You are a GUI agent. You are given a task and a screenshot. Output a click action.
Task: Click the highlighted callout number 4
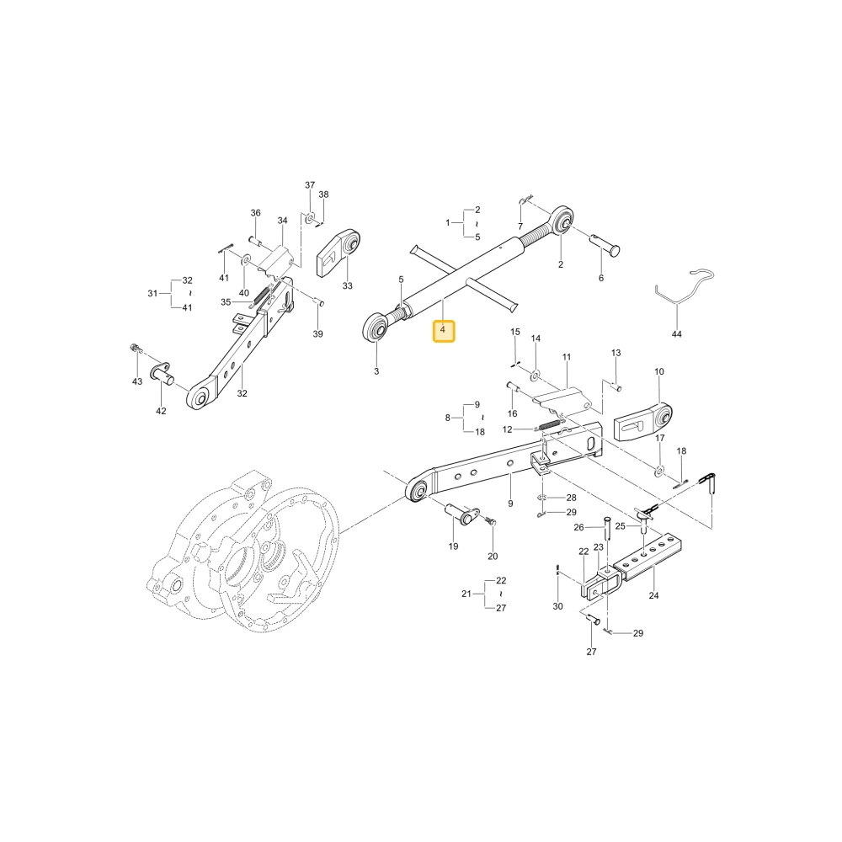tap(443, 330)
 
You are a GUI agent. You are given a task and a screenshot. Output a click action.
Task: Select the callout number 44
tap(677, 334)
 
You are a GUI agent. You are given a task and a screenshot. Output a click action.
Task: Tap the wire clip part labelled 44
tap(685, 286)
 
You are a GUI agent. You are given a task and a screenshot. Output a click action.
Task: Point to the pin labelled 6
tap(605, 243)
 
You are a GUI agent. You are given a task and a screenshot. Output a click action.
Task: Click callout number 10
tap(659, 371)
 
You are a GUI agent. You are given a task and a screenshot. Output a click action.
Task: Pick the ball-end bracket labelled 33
tap(338, 254)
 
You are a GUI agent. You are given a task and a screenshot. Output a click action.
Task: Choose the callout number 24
tap(653, 595)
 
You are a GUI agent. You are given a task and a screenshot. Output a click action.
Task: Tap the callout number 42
tap(161, 411)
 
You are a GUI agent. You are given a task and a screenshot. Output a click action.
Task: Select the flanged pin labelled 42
tap(163, 372)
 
